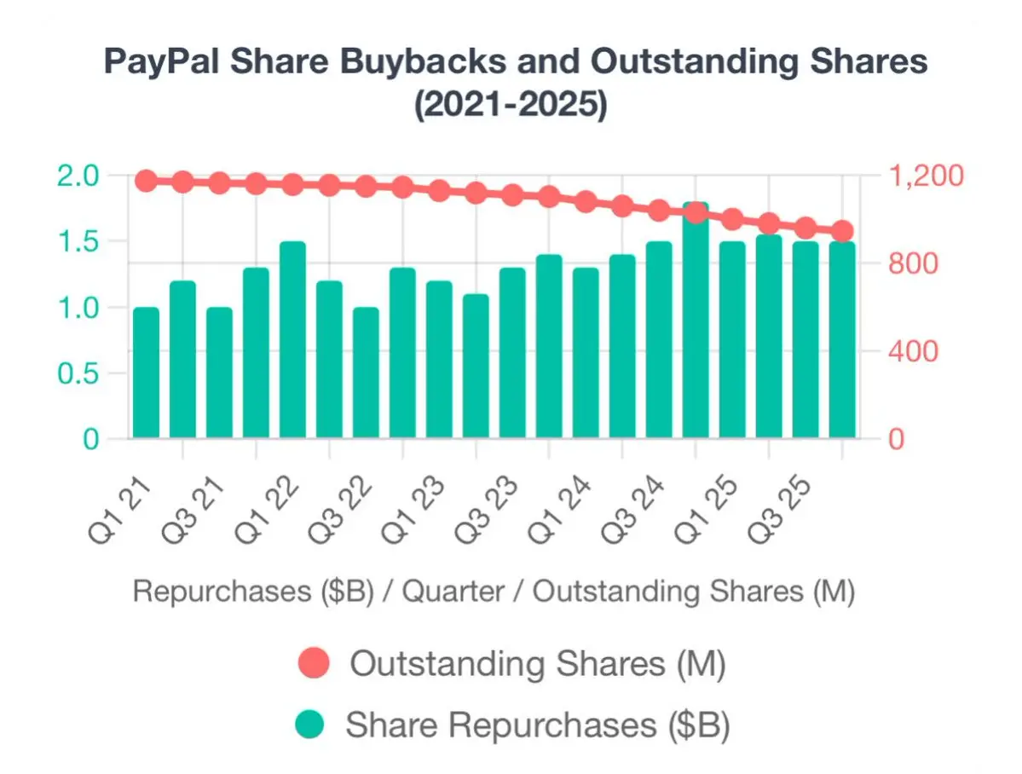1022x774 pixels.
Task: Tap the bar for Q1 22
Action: point(292,341)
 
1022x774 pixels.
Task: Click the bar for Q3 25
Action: point(805,341)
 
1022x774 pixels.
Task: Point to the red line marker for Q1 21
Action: point(146,181)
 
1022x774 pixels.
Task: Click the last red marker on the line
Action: point(842,231)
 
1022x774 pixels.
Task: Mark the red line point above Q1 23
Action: point(439,191)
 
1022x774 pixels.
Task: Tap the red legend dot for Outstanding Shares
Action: point(313,665)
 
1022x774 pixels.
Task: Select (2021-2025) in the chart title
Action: point(511,108)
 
